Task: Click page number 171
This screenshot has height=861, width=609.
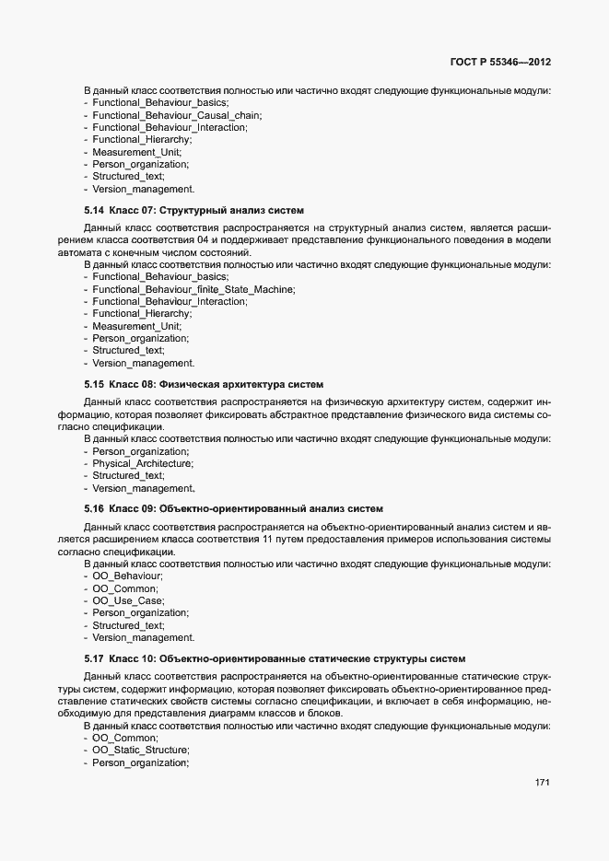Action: pyautogui.click(x=543, y=783)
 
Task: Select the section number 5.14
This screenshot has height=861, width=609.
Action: pyautogui.click(x=93, y=211)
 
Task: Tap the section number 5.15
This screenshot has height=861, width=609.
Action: pyautogui.click(x=93, y=384)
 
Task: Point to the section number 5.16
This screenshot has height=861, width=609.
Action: pyautogui.click(x=93, y=508)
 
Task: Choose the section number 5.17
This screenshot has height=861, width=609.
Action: pyautogui.click(x=93, y=658)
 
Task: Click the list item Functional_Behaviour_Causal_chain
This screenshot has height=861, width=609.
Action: pyautogui.click(x=176, y=116)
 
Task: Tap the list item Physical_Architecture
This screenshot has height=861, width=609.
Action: pyautogui.click(x=142, y=463)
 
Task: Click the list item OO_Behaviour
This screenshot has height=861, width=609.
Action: pyautogui.click(x=127, y=576)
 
